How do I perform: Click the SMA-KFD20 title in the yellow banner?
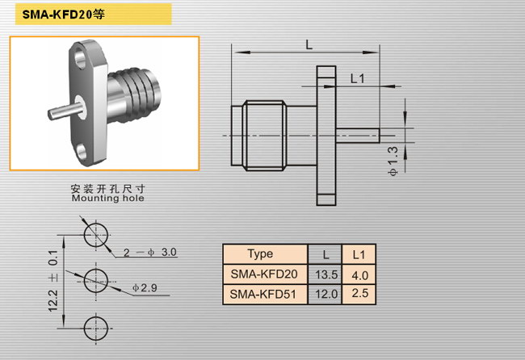(63, 14)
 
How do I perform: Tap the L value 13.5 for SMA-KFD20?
(326, 274)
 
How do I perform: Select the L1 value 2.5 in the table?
(360, 293)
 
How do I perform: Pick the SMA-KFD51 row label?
(262, 294)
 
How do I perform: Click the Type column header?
(260, 254)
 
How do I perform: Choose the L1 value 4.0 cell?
(360, 275)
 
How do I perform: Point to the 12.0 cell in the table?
(326, 294)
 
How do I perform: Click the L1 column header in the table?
(359, 255)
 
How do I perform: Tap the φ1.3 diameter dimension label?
(393, 161)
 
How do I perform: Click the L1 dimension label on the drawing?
(357, 78)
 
